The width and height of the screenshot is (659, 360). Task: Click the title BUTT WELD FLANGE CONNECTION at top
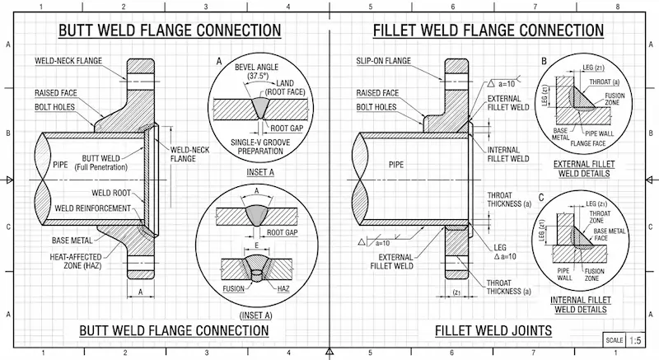coord(168,32)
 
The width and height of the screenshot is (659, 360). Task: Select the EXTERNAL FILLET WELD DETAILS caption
coord(587,169)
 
